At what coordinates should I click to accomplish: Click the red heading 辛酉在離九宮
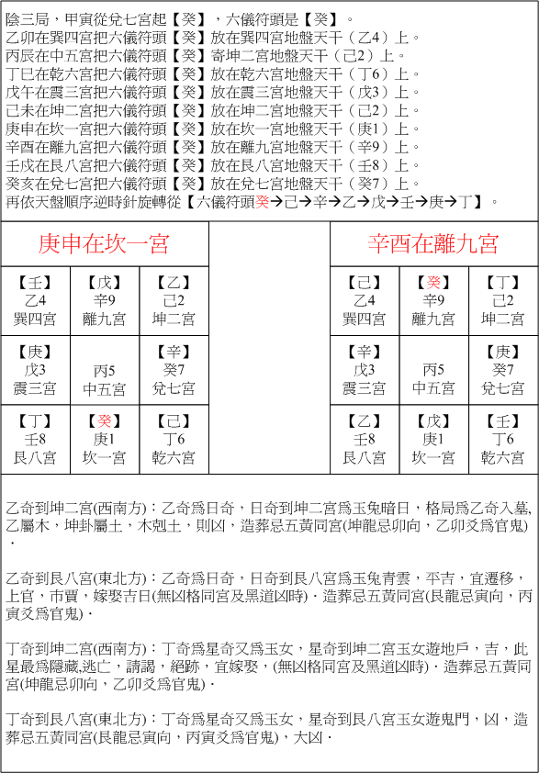(433, 243)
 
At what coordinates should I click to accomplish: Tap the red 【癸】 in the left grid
(104, 421)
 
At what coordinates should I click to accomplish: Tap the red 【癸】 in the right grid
(433, 283)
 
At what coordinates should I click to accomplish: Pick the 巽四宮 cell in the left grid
(35, 301)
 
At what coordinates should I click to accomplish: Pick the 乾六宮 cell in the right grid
(503, 439)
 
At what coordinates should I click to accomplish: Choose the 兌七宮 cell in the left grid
(174, 370)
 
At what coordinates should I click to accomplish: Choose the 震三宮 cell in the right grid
(365, 370)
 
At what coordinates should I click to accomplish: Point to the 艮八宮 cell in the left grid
(35, 439)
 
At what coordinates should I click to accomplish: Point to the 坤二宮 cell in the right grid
(503, 301)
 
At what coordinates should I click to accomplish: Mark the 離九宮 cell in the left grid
(104, 301)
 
